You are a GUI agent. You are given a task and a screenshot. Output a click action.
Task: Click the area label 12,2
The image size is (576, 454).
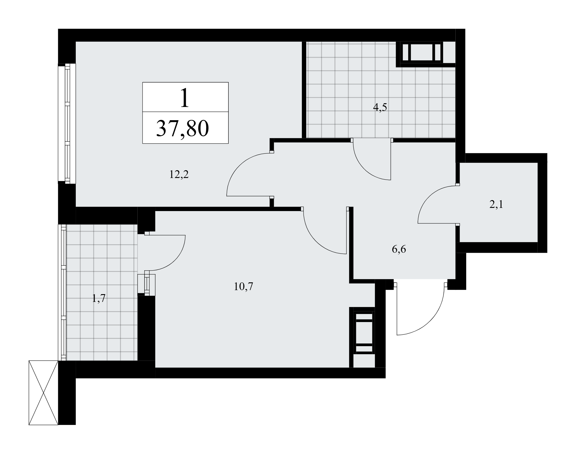click(179, 175)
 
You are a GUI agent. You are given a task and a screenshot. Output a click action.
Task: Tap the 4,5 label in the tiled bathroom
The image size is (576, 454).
click(380, 108)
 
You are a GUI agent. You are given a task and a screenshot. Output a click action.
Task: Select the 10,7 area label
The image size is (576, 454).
click(243, 287)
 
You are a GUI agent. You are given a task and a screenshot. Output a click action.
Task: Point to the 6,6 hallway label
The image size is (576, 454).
click(399, 249)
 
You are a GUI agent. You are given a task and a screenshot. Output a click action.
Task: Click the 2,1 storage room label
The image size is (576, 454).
click(496, 205)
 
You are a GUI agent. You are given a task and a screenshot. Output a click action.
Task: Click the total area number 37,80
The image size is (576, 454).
click(182, 129)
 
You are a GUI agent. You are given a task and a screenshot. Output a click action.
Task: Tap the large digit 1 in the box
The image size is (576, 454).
click(185, 98)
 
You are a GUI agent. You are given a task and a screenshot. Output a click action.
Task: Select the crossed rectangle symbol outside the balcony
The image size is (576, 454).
click(43, 392)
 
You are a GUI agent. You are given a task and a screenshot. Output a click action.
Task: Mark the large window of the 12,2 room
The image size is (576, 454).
click(67, 123)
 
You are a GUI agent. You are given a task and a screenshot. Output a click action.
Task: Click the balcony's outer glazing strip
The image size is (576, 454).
click(62, 292)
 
